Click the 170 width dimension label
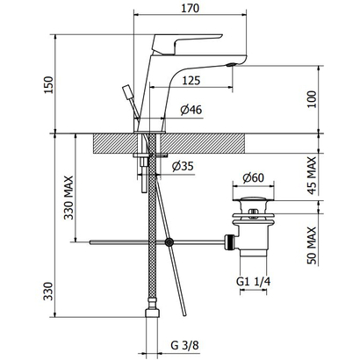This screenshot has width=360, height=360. (190, 8)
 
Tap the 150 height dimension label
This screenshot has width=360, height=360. (48, 85)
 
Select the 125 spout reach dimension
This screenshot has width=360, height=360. (191, 80)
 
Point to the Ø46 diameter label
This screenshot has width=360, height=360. (191, 110)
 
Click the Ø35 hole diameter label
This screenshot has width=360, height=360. (183, 166)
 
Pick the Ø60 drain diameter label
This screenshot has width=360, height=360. (254, 177)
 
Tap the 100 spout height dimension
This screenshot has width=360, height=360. (312, 99)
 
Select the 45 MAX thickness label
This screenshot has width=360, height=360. (312, 175)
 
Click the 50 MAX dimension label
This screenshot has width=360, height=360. (312, 245)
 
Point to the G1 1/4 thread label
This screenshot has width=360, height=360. (254, 282)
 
